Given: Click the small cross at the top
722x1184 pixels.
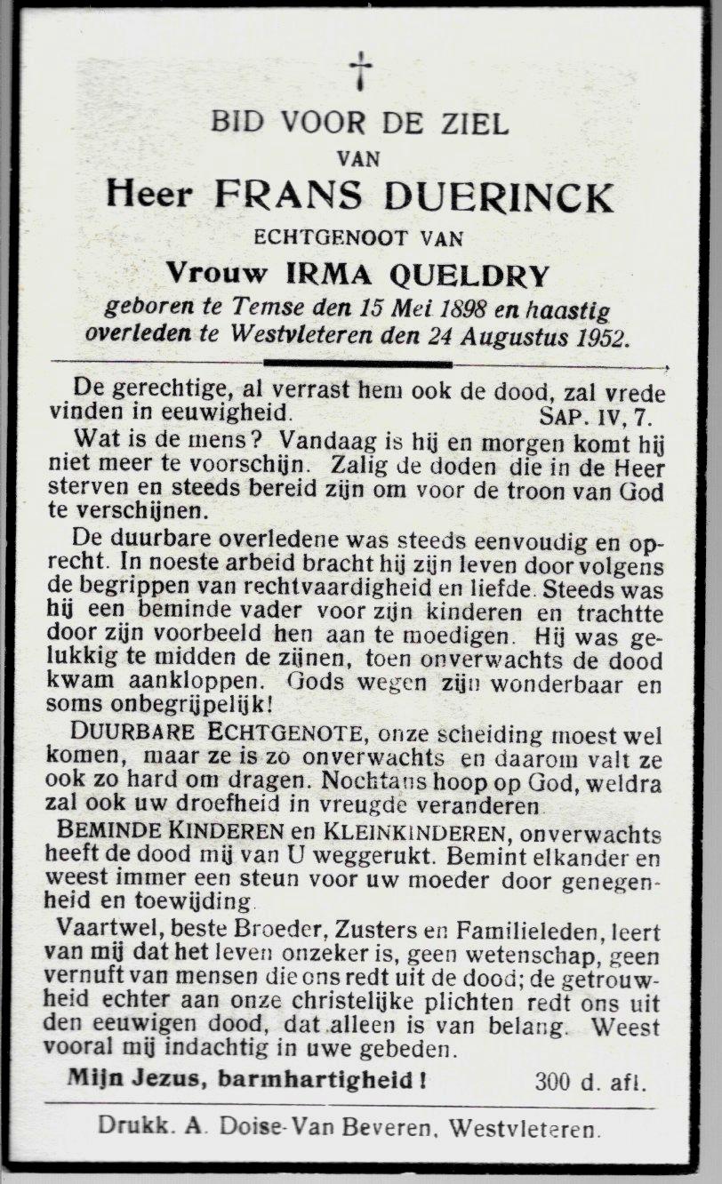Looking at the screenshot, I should (360, 70).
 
